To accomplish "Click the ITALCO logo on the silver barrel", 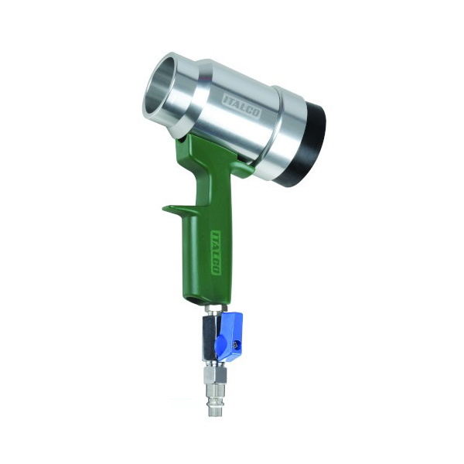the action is (241, 107).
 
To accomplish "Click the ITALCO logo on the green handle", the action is (216, 253).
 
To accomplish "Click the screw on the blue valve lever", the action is (236, 344).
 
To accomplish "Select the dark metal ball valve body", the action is (210, 338).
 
